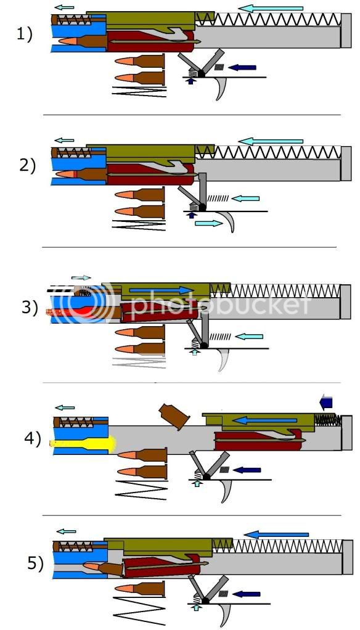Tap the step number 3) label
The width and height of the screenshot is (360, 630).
(30, 306)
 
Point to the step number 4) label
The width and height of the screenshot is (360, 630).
(31, 440)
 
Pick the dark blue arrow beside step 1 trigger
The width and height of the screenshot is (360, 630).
(242, 67)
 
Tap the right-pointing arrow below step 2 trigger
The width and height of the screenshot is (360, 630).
(207, 224)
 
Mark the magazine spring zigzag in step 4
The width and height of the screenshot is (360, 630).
(141, 489)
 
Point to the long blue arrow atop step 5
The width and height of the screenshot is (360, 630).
(276, 534)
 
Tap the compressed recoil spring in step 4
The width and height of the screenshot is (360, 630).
(327, 419)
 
